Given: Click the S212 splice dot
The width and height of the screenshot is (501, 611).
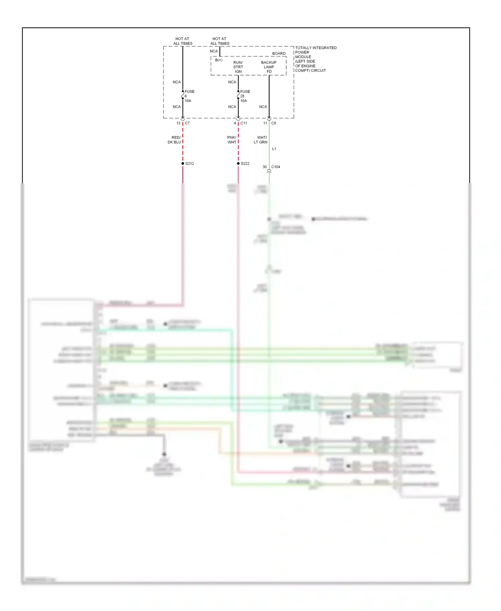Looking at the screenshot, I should tap(183, 163).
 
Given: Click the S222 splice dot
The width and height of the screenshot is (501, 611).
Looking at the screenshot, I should tap(238, 163).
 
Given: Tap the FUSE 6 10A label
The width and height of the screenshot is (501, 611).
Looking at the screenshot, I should tap(189, 96).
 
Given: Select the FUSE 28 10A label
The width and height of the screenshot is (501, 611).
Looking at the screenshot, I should tap(245, 96).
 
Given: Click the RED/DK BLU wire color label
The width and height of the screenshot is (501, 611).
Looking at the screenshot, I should tap(175, 140).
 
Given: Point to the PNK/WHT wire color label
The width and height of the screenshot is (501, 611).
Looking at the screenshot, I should tap(232, 140).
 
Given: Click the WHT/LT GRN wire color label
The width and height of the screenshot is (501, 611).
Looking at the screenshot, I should tap(261, 140).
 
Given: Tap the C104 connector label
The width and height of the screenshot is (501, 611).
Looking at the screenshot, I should tap(276, 167).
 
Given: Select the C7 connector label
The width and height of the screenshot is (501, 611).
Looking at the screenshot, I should tap(187, 123).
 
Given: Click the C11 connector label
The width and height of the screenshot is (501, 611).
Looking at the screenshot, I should tap(244, 123).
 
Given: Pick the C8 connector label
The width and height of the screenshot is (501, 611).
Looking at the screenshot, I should tap(274, 123).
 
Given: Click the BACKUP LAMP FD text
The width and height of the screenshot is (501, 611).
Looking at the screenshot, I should tap(269, 67).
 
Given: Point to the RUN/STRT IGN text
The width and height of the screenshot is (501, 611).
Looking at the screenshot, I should tap(238, 67).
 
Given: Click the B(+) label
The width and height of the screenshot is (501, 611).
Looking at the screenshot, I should tap(219, 60).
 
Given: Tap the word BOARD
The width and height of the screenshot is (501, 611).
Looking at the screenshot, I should tap(279, 53).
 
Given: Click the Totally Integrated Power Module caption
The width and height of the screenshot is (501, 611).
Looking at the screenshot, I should tap(315, 59).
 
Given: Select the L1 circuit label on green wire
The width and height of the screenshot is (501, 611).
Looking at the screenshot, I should tap(274, 149).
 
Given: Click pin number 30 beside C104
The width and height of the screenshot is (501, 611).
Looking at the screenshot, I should tap(265, 167).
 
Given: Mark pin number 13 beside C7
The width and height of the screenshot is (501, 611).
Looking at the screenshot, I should tap(178, 123).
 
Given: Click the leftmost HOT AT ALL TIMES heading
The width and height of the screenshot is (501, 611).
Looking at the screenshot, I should tap(183, 41).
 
